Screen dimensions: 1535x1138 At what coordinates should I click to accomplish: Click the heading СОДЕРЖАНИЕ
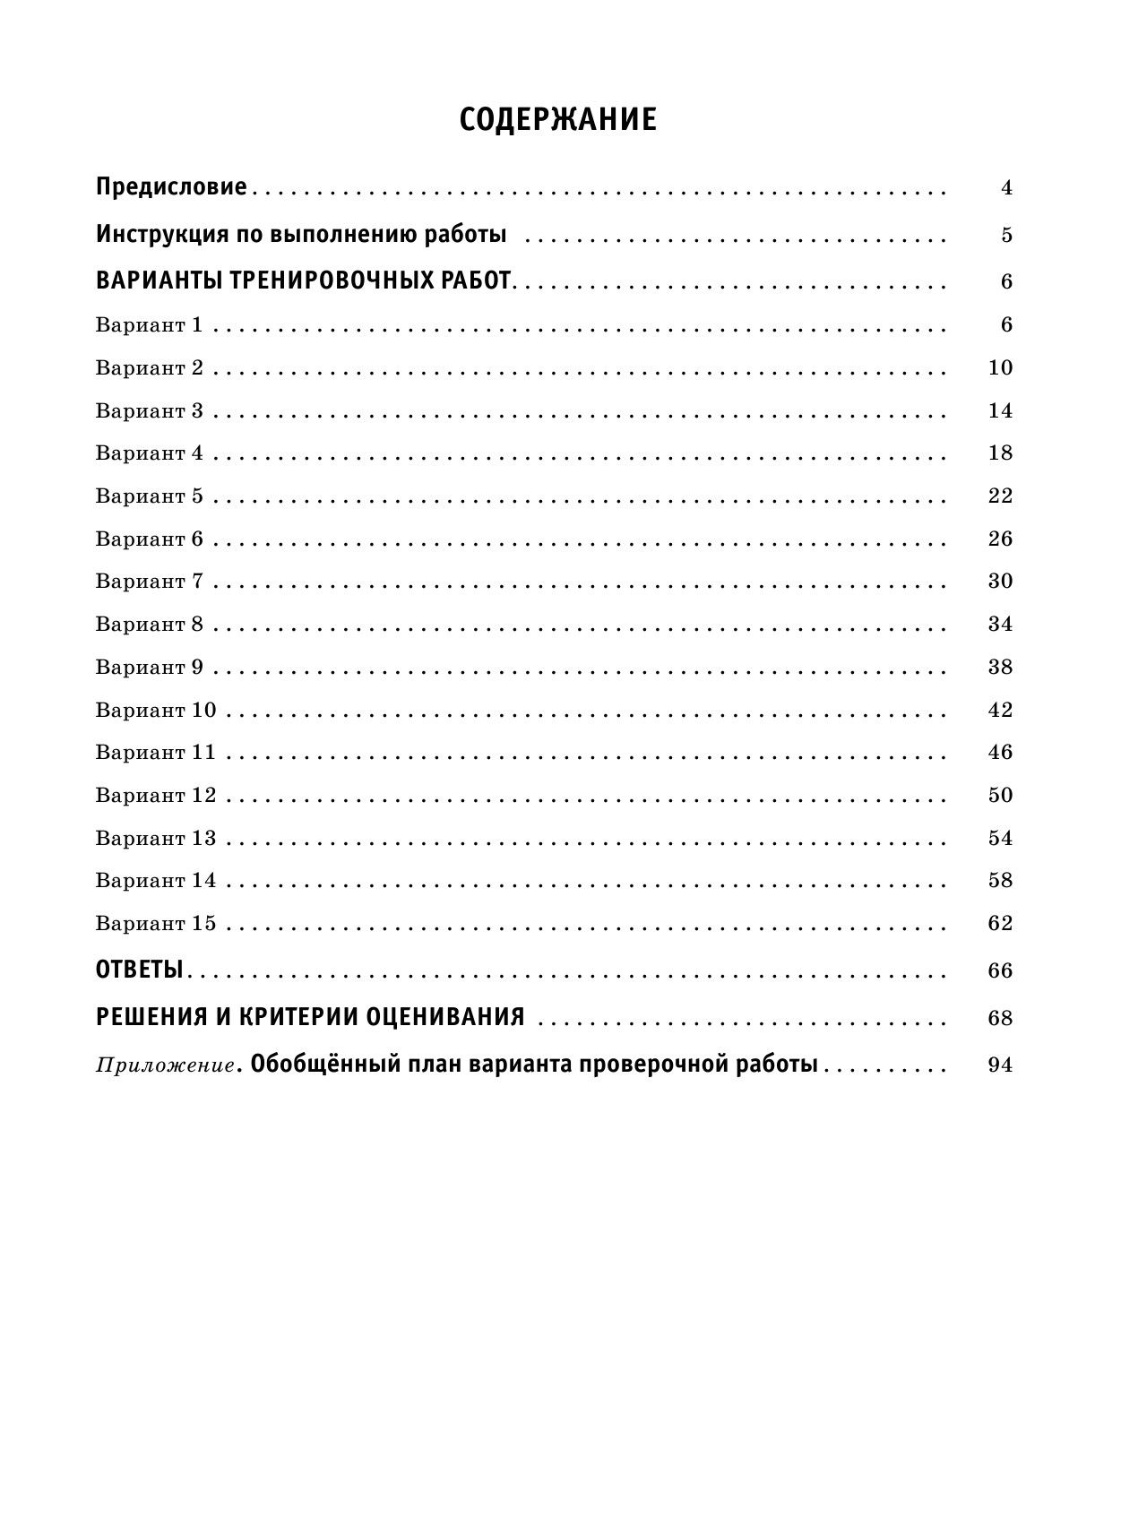coord(557,120)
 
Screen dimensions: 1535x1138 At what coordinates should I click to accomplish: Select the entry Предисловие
coord(170,187)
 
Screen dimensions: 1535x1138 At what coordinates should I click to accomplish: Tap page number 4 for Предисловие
coord(1006,188)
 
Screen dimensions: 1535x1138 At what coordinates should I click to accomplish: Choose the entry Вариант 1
coord(149,324)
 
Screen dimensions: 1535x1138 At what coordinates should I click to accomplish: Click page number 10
coord(1000,367)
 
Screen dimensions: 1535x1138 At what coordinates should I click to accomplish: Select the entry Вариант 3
coord(149,410)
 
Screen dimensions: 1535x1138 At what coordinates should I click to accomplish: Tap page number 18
coord(1000,453)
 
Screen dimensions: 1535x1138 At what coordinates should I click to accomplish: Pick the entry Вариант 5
coord(149,496)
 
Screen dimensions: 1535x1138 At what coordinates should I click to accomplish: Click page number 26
coord(1000,539)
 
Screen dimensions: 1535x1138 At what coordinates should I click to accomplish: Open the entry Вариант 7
coord(149,581)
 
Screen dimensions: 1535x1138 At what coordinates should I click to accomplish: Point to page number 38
coord(1000,667)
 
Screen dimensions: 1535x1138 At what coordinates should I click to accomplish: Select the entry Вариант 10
coord(155,710)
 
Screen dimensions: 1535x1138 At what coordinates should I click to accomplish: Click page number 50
coord(1000,795)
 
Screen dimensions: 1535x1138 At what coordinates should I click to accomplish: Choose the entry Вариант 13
coord(155,838)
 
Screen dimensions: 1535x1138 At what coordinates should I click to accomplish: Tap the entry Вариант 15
coord(155,923)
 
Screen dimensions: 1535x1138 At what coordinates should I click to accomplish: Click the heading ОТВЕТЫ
coord(139,970)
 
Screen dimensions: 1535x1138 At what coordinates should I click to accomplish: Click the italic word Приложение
coord(165,1065)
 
